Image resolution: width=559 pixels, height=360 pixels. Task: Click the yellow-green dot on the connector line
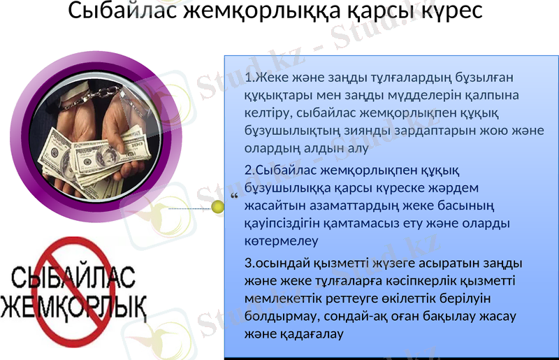(217, 207)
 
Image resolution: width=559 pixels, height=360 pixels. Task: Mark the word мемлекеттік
(286, 299)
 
